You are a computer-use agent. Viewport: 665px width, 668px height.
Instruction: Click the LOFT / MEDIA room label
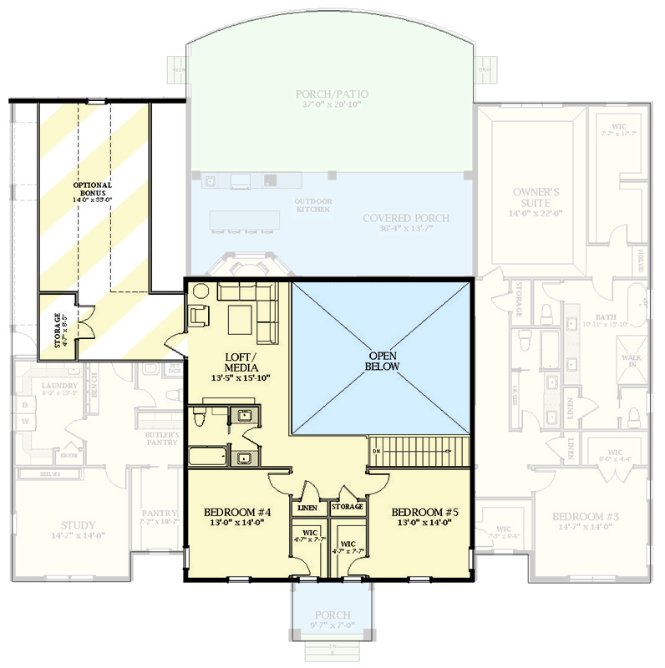click(x=240, y=362)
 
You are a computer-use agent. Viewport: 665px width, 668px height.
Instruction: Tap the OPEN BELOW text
click(x=383, y=360)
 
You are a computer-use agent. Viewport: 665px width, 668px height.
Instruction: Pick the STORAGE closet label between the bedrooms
click(x=347, y=507)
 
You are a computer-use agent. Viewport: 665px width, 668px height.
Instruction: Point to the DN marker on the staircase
click(x=376, y=452)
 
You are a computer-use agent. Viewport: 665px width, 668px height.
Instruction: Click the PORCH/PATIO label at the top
click(x=332, y=94)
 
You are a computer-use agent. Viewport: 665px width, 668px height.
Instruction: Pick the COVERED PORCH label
click(x=406, y=219)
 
